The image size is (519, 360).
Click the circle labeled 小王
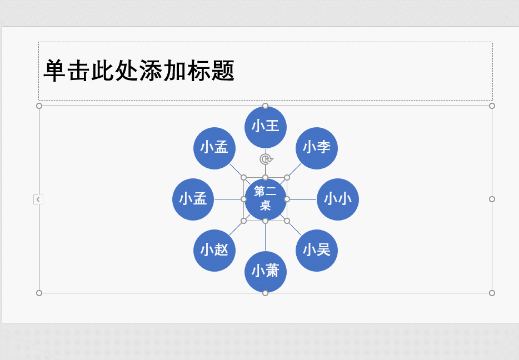pos(265,127)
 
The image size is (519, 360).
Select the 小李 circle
pos(317,148)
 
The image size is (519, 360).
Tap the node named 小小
pos(338,199)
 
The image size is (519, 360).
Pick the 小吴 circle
pos(317,251)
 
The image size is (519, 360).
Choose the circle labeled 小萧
pos(265,272)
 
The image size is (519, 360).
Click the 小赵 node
pos(214,251)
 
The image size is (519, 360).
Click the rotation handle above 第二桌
pos(266,159)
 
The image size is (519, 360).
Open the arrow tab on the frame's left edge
pos(38,199)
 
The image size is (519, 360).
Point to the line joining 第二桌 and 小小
pos(303,199)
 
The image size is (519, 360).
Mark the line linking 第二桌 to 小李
pos(295,169)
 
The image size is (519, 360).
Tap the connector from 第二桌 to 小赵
pos(236,228)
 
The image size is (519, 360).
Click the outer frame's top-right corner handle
pos(492,106)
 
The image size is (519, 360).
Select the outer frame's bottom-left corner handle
pos(39,293)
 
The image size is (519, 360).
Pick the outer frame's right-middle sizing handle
pos(492,199)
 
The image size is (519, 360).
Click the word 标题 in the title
pos(211,71)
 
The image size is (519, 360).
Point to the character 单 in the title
pos(55,71)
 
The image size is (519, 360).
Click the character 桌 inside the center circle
pos(266,206)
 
